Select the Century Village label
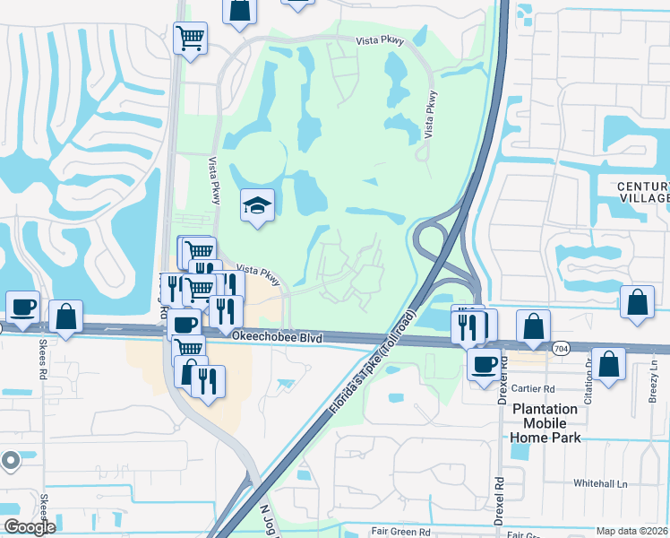tap(643, 192)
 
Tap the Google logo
tap(30, 526)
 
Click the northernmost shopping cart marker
tap(190, 38)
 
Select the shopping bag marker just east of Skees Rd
tap(66, 316)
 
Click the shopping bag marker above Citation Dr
tap(608, 363)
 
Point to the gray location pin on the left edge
tap(10, 461)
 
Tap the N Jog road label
tap(266, 518)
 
